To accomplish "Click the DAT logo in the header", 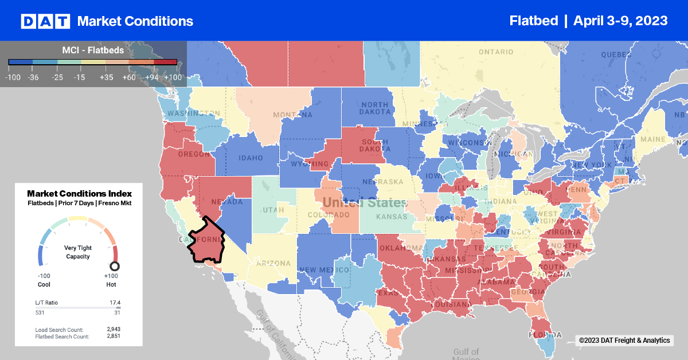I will click(x=45, y=21).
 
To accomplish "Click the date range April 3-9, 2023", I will click(x=620, y=21).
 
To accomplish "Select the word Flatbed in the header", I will click(x=533, y=21).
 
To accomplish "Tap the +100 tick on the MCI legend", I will click(x=172, y=77).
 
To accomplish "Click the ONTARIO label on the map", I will click(x=496, y=52).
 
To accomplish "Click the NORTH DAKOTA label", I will click(x=374, y=108).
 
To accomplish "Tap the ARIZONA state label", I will click(x=273, y=263).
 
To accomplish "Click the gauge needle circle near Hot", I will click(x=115, y=266).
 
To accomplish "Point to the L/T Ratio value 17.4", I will click(x=115, y=302).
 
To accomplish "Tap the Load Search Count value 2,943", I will click(x=112, y=329).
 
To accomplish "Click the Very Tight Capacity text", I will click(x=77, y=252).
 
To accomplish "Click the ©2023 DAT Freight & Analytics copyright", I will click(x=624, y=341).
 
